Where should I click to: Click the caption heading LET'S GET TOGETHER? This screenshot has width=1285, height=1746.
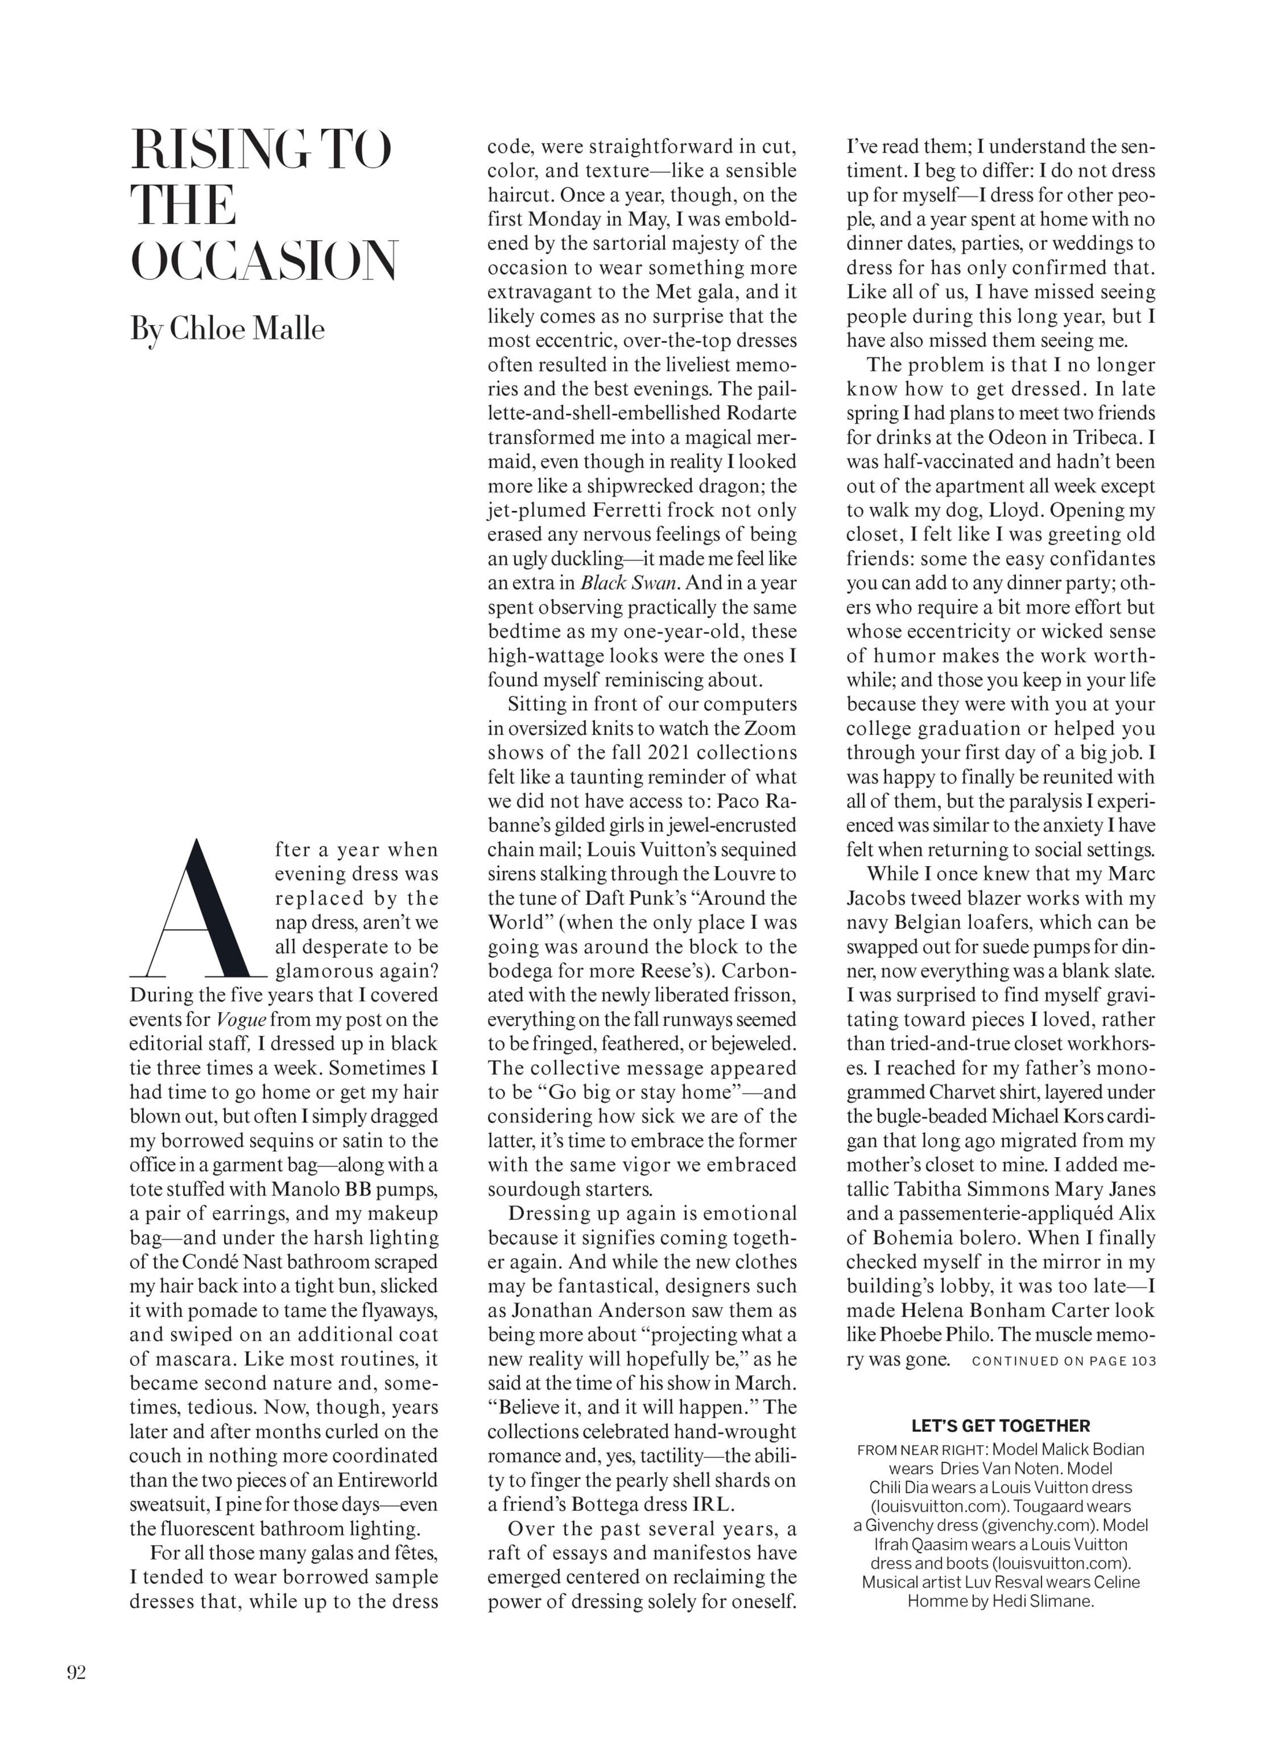(x=1000, y=1426)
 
